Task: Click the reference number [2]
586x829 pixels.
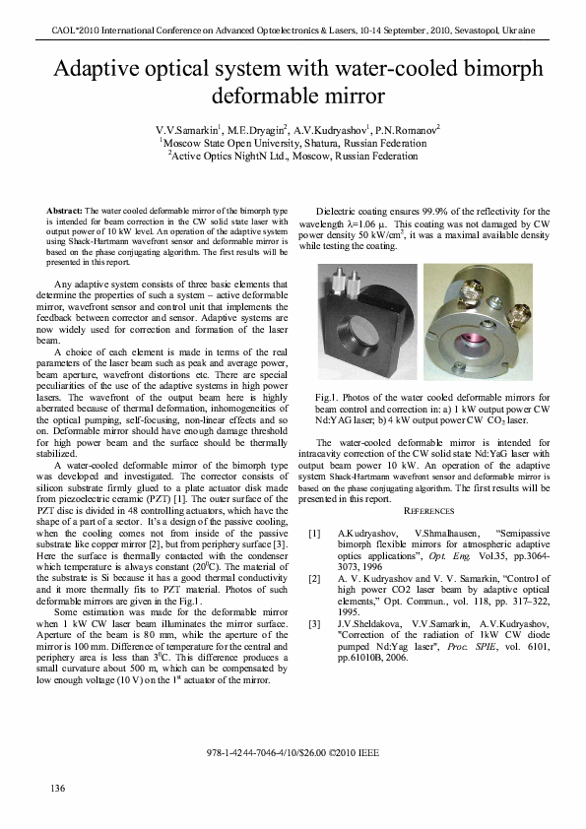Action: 314,579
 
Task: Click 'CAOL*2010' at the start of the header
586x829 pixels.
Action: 72,32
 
